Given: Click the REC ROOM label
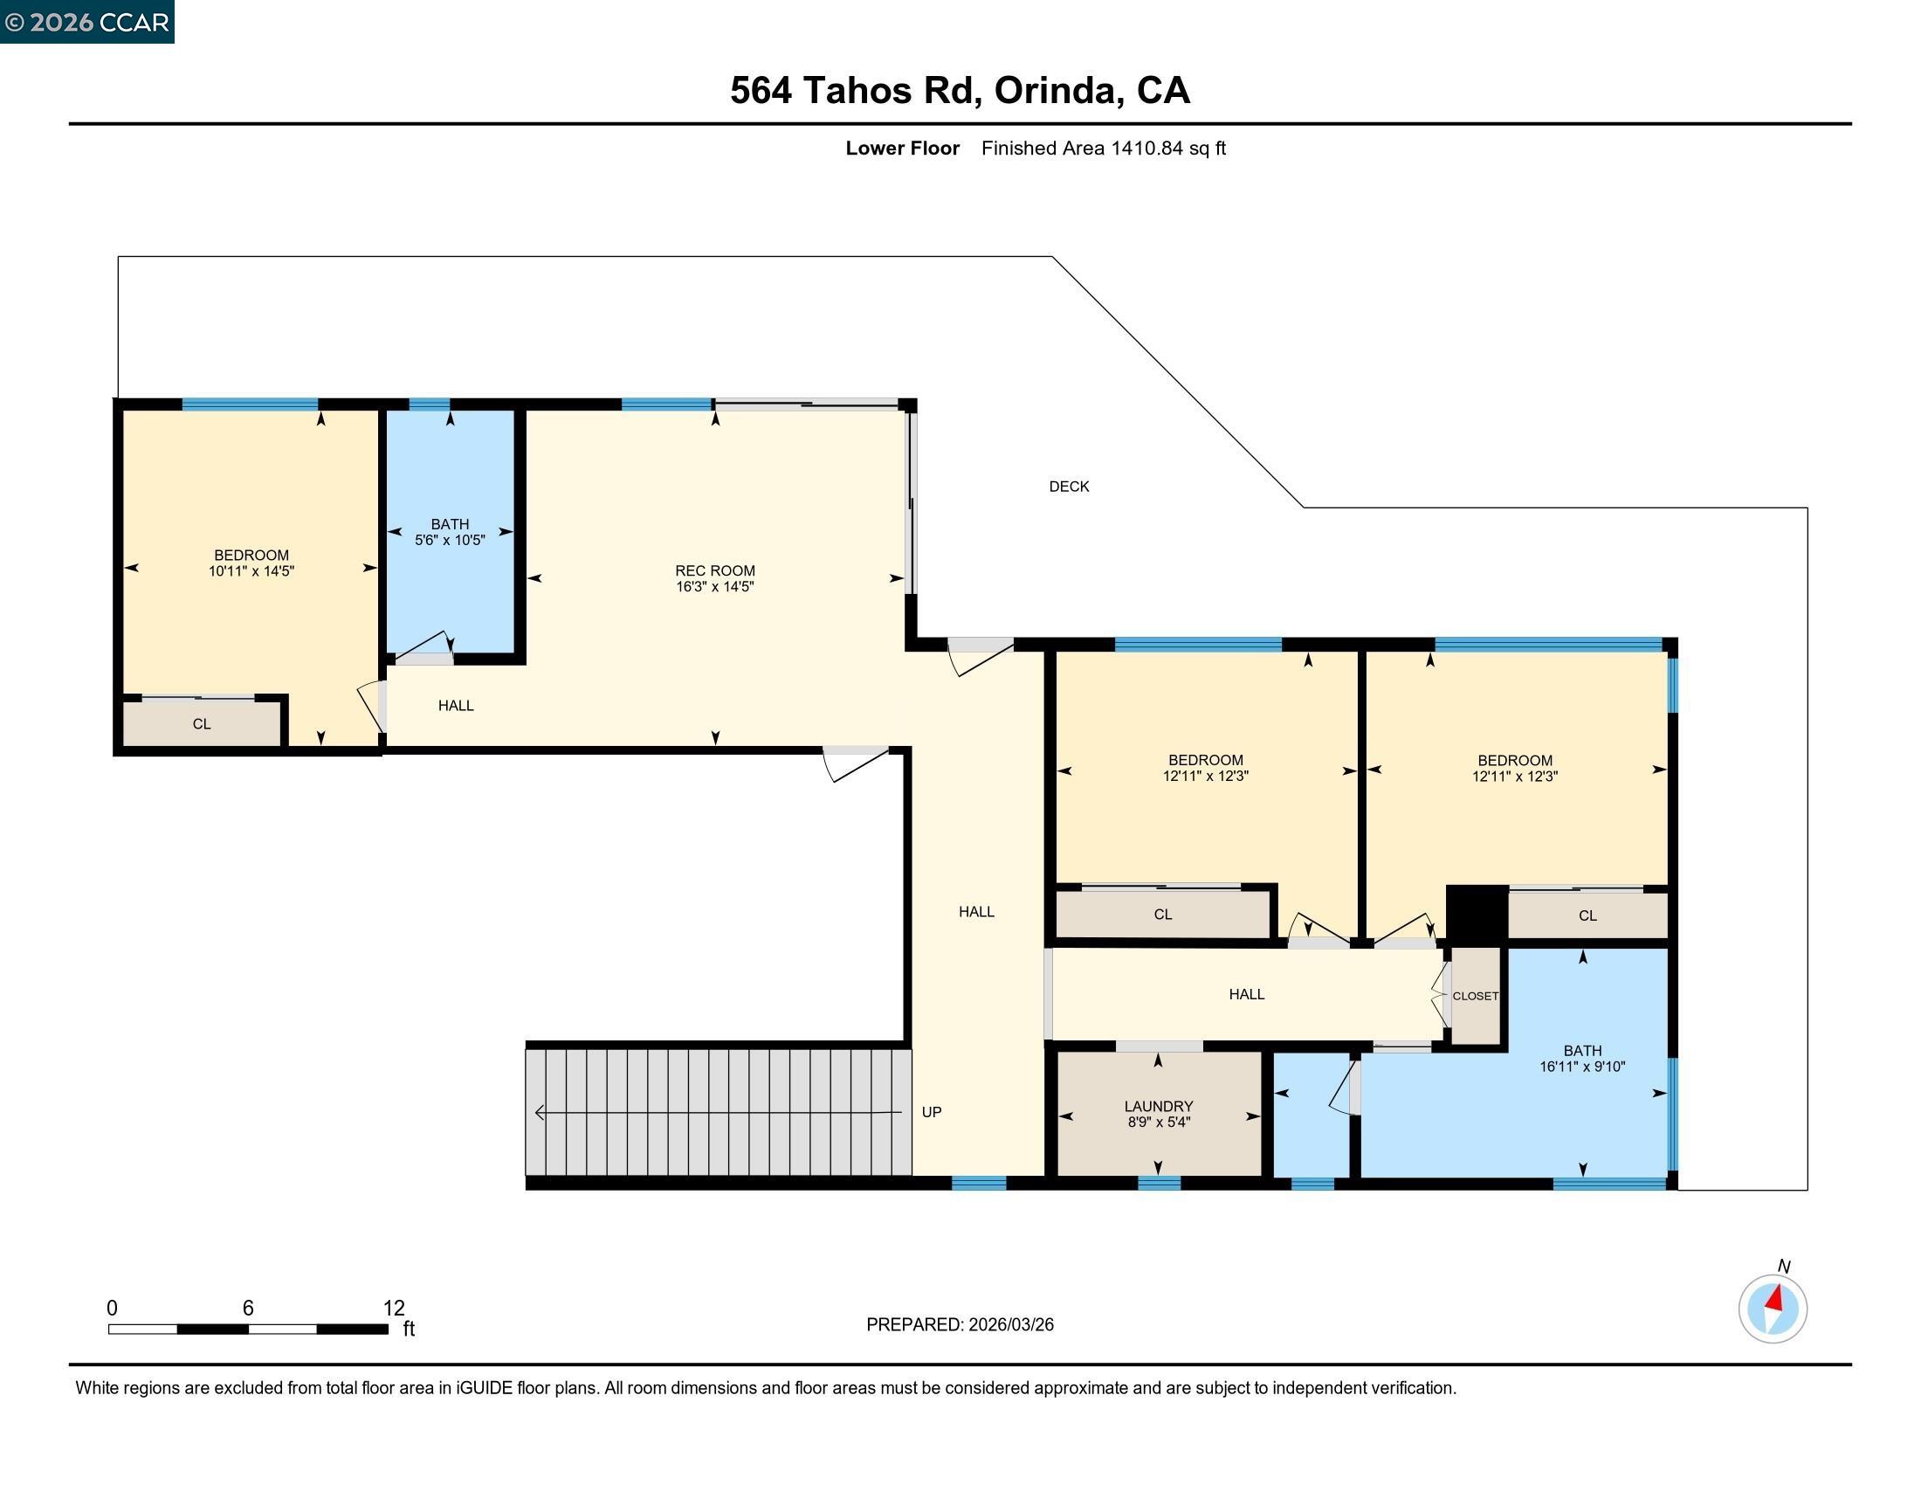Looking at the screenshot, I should point(714,571).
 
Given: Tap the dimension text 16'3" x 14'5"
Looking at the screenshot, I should point(714,587).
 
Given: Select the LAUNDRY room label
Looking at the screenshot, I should point(1158,1106).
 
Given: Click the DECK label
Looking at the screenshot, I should point(1069,487).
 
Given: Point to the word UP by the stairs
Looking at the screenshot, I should point(932,1112).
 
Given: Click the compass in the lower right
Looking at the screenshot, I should point(1772,1309).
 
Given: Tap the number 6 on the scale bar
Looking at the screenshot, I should point(248,1309).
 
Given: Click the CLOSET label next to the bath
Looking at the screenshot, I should point(1475,996).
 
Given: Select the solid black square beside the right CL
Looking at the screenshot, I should point(1477,915).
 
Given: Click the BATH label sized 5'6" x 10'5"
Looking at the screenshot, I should point(450,524).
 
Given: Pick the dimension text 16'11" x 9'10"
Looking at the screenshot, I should point(1581,1067).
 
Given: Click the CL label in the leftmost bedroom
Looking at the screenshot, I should point(202,724).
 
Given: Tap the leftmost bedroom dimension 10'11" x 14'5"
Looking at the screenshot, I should point(251,571).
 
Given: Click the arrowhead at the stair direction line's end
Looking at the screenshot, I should point(539,1113).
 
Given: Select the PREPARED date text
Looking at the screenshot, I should point(960,1324).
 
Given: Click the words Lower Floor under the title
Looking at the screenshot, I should point(902,148).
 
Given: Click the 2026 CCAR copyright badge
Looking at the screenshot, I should point(87,22).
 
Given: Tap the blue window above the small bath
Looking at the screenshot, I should point(430,404).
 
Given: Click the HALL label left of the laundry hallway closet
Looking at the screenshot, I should point(1245,994).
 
